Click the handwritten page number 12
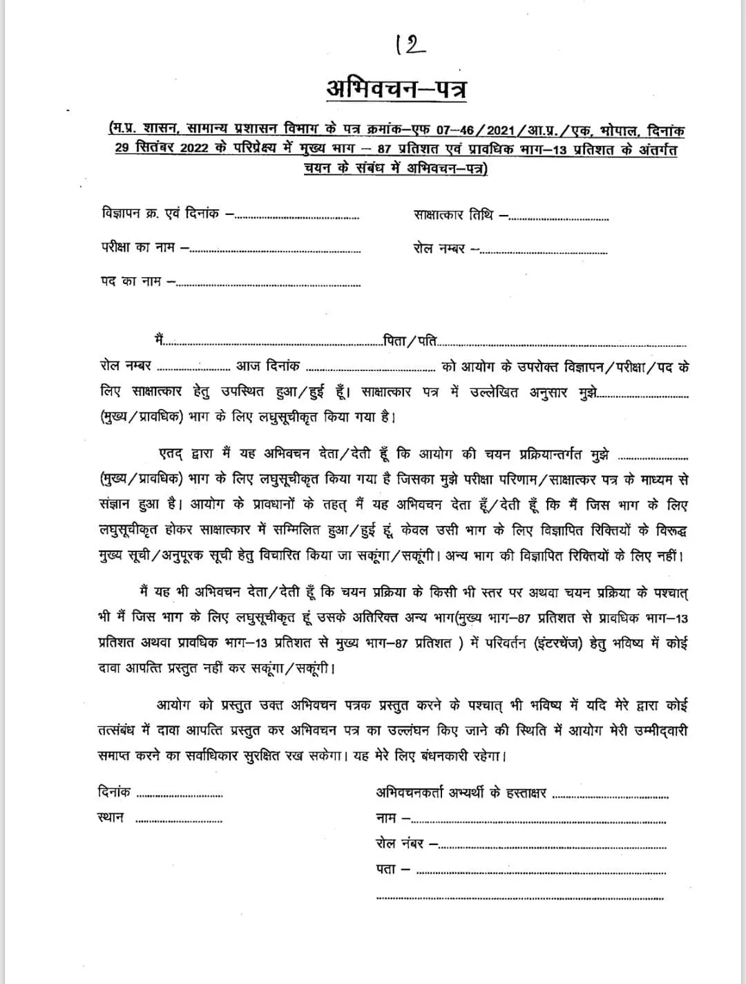tap(412, 46)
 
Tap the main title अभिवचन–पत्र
tap(396, 90)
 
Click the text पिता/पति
tap(410, 340)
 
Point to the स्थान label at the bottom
tap(111, 817)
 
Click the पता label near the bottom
tap(387, 869)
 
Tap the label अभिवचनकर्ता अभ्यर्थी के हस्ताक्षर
tap(461, 793)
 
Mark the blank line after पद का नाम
tap(269, 284)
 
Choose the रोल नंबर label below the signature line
tap(401, 843)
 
